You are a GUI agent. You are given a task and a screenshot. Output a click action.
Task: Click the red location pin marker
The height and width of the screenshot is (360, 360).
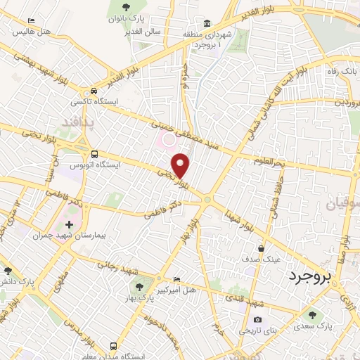click(181, 165)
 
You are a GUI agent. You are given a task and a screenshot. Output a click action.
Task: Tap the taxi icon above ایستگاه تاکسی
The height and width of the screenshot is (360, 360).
click(94, 92)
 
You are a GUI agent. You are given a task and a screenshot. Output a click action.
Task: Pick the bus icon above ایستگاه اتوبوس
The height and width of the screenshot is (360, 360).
click(94, 154)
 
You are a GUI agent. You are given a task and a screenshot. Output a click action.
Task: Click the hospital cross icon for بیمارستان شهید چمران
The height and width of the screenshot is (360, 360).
click(69, 225)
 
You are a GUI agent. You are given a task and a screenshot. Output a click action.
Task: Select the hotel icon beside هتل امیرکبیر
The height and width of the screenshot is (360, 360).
click(176, 278)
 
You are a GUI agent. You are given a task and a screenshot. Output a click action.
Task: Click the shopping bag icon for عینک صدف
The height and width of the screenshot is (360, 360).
click(261, 248)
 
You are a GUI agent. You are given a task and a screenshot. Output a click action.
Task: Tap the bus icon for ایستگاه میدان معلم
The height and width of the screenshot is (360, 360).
click(114, 346)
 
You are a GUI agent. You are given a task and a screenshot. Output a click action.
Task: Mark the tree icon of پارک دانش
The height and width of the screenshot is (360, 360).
click(8, 271)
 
